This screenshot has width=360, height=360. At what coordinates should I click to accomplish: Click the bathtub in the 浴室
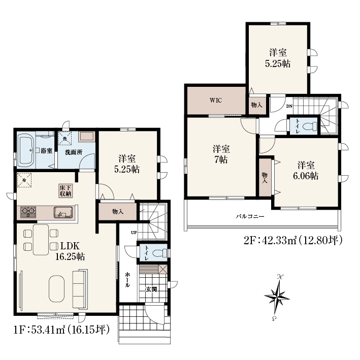click(x=26, y=151)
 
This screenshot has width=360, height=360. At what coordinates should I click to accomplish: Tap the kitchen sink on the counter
click(x=63, y=212)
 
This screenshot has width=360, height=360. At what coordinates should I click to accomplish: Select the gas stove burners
click(x=28, y=212)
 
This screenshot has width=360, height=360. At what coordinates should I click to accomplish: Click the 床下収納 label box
click(x=66, y=190)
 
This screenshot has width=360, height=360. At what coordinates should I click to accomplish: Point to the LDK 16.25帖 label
click(x=70, y=251)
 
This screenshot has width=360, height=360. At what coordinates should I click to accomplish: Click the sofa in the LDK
click(x=80, y=290)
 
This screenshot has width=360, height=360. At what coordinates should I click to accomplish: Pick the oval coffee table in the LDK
click(x=56, y=288)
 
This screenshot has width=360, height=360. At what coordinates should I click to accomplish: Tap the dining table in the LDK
click(x=41, y=240)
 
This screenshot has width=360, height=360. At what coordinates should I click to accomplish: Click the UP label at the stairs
click(x=134, y=233)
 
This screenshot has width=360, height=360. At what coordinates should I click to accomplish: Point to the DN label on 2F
click(x=289, y=106)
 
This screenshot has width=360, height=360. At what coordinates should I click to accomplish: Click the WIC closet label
click(x=216, y=101)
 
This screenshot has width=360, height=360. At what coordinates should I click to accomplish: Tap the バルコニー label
click(x=250, y=216)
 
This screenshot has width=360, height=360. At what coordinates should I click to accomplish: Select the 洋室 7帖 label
click(x=221, y=154)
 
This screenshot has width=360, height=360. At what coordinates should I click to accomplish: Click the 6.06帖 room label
click(x=306, y=176)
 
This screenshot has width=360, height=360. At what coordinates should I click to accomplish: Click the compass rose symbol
click(x=277, y=298)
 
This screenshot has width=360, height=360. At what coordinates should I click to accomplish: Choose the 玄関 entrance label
click(x=151, y=289)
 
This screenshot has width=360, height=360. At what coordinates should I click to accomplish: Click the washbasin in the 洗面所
click(x=87, y=137)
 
